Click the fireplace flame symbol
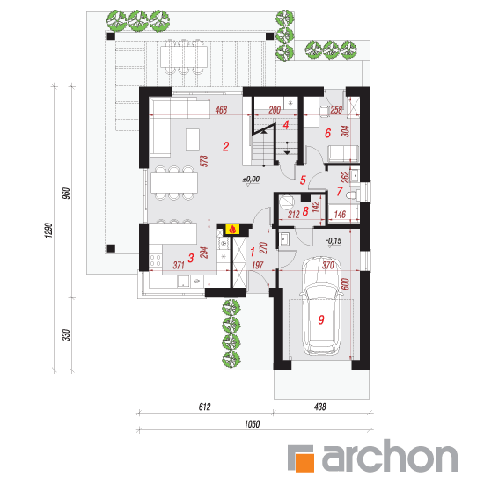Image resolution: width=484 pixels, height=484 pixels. (232, 230)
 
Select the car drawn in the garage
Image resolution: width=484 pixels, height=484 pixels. (321, 305)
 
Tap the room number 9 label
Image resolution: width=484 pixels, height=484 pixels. (321, 319)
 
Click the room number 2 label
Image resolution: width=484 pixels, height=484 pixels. (226, 146)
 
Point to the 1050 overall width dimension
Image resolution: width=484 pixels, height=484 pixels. (252, 424)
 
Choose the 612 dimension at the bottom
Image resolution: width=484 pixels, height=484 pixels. (204, 407)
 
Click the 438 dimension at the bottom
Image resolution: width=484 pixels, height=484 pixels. (320, 407)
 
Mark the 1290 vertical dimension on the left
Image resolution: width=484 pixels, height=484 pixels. (49, 230)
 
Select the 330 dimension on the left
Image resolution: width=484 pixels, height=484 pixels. (67, 335)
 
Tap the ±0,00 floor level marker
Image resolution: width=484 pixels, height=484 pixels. (252, 180)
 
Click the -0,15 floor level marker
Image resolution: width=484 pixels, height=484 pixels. (334, 241)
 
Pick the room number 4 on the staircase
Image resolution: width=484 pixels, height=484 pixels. (286, 125)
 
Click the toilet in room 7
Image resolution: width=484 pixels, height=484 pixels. (352, 195)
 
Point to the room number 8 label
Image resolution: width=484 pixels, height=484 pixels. (305, 211)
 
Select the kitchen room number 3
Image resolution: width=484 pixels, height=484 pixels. (191, 258)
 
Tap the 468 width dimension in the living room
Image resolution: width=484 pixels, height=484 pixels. (221, 110)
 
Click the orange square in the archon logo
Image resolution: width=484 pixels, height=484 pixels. (304, 461)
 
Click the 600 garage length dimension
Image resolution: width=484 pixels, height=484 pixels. (346, 284)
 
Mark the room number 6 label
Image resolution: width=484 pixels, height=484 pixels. (328, 133)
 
